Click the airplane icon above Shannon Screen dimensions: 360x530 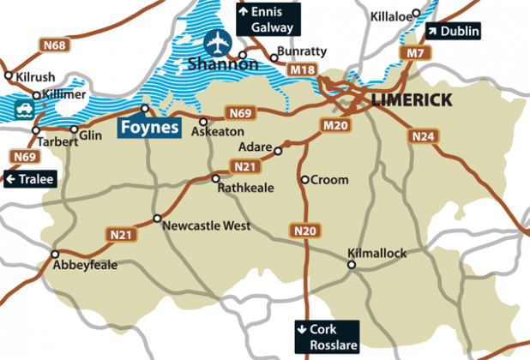coord(218,41)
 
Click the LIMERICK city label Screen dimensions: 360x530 coord(412,101)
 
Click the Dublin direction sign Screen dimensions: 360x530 coord(455,32)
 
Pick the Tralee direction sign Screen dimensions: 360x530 coord(29,179)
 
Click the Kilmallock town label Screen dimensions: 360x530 coord(377,253)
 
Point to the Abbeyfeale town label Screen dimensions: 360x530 coord(85,266)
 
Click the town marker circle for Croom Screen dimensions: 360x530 coord(304,180)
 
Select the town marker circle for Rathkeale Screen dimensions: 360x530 coord(215,178)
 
